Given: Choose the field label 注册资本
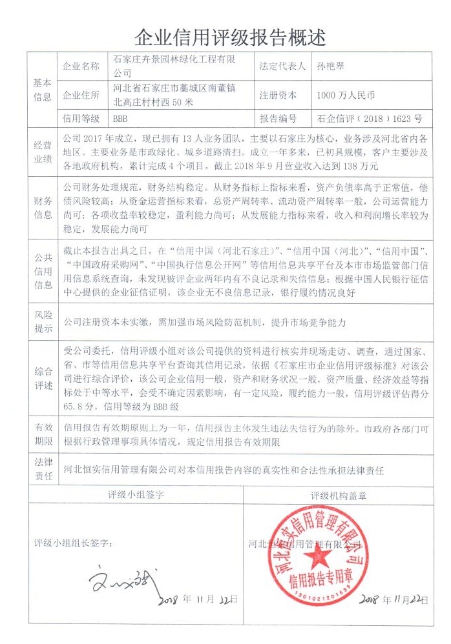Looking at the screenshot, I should [x=278, y=95].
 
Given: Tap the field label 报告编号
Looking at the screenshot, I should [x=278, y=119].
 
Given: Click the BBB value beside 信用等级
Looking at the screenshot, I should [x=121, y=119].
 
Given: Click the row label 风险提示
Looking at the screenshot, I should [x=43, y=321].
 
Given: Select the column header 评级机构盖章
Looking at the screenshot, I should [x=338, y=496].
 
